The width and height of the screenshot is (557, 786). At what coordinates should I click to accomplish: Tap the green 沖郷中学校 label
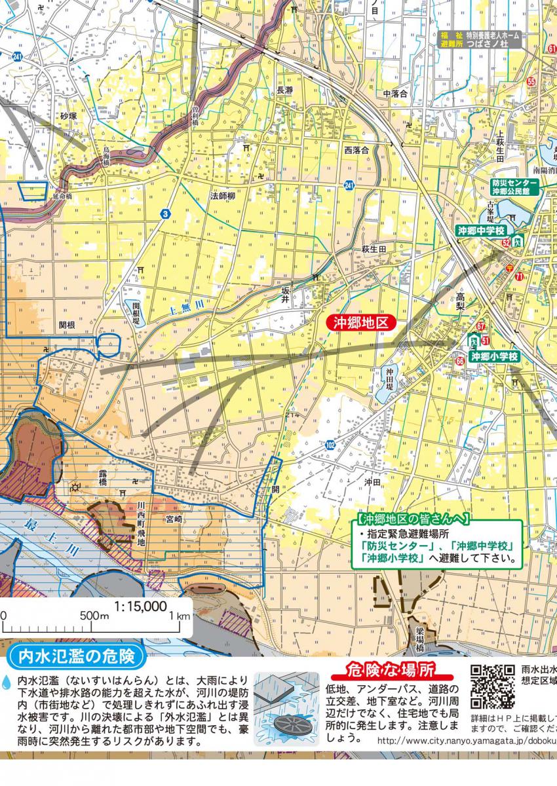[x=482, y=231]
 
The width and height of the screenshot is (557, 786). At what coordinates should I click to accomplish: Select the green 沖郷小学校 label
[x=495, y=356]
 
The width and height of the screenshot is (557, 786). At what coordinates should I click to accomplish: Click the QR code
[x=493, y=686]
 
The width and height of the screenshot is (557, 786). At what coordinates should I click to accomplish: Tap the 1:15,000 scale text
[x=140, y=607]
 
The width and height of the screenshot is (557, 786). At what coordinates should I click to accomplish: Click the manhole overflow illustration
[x=286, y=708]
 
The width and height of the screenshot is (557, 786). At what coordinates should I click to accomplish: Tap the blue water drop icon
[x=7, y=683]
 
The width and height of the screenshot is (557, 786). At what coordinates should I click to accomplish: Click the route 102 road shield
[x=330, y=445]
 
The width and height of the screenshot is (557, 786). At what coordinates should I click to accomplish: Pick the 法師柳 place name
[x=223, y=195]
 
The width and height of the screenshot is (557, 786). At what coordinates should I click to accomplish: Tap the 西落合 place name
[x=357, y=150]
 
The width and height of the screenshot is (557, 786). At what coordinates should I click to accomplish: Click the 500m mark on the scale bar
[x=95, y=616]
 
